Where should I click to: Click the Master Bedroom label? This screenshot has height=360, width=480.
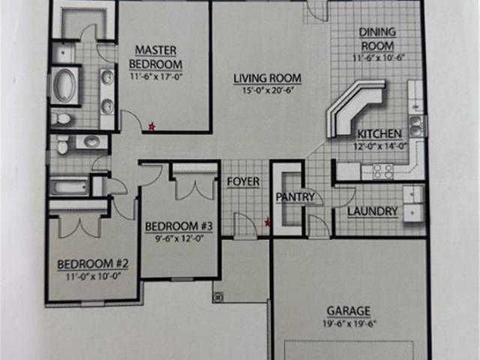pyautogui.click(x=155, y=57)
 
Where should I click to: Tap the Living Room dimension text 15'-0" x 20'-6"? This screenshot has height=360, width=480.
pyautogui.click(x=268, y=91)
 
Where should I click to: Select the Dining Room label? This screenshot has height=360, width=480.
pyautogui.click(x=377, y=39)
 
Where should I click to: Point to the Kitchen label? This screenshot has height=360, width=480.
pyautogui.click(x=379, y=134)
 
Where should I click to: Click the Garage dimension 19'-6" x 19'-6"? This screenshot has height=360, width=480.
pyautogui.click(x=349, y=323)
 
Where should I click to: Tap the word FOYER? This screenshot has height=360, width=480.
pyautogui.click(x=243, y=181)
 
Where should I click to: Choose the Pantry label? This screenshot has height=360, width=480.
pyautogui.click(x=295, y=196)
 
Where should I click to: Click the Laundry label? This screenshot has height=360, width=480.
pyautogui.click(x=373, y=211)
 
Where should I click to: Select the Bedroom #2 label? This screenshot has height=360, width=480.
pyautogui.click(x=93, y=264)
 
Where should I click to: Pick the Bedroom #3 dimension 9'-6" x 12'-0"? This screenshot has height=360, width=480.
pyautogui.click(x=179, y=238)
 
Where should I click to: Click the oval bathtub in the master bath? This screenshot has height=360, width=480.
pyautogui.click(x=64, y=85)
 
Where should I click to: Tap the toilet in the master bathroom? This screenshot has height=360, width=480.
pyautogui.click(x=61, y=118)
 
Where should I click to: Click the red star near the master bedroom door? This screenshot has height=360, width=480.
pyautogui.click(x=151, y=126)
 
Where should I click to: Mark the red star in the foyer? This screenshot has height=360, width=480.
pyautogui.click(x=267, y=223)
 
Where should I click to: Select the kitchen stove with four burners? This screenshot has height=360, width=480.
pyautogui.click(x=382, y=172)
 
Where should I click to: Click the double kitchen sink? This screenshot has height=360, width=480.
pyautogui.click(x=415, y=125)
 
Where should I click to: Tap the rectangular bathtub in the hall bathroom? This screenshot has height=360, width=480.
pyautogui.click(x=69, y=186)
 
